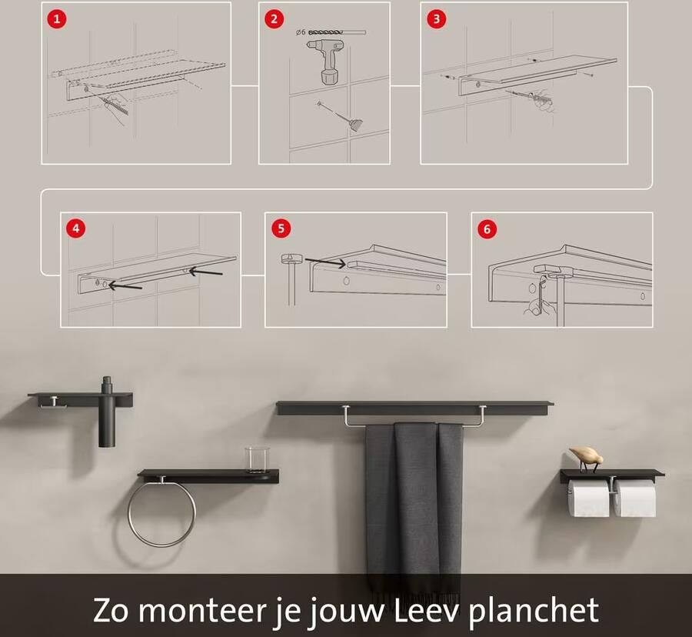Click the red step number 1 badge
(55, 18)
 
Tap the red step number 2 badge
(274, 18)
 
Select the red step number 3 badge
(436, 18)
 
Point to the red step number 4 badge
(75, 228)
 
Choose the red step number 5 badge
(281, 228)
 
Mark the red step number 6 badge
(486, 228)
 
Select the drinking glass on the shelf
(255, 460)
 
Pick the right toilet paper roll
(636, 498)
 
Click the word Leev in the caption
(424, 610)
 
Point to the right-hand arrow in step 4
(206, 271)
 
